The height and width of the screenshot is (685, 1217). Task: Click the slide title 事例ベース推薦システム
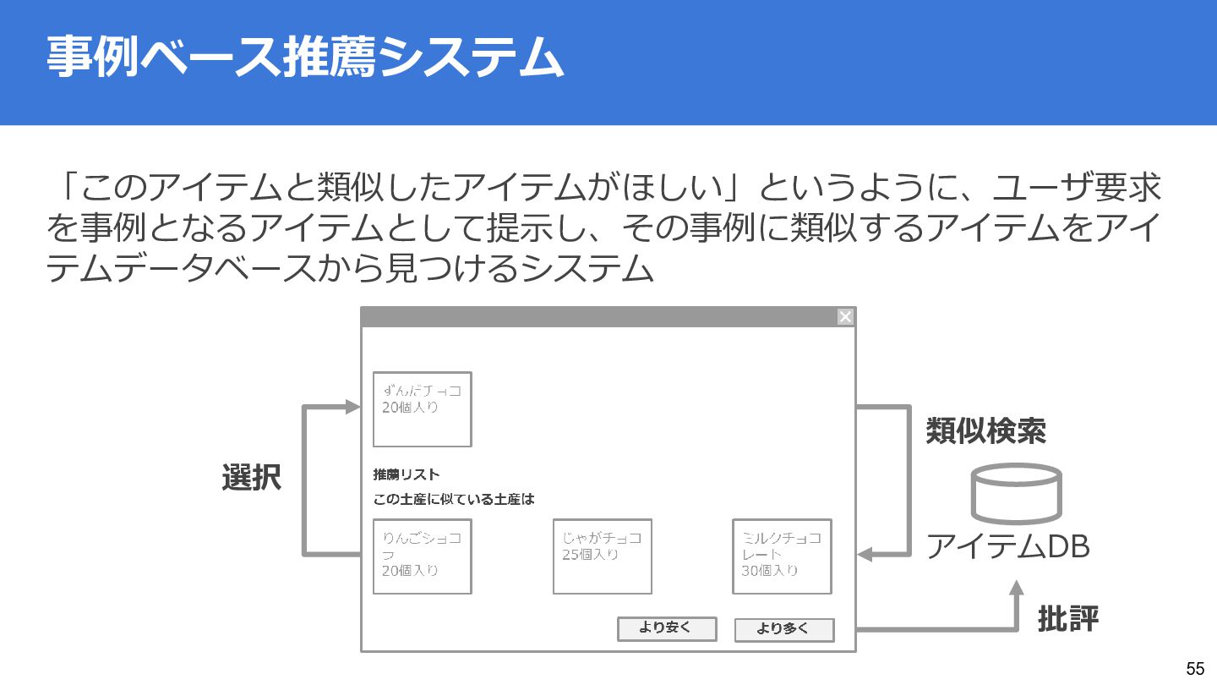point(304,58)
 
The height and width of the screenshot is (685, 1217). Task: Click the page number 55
point(1195,668)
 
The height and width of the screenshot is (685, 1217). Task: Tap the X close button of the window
point(845,316)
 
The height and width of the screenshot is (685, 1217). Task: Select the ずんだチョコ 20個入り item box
point(422,409)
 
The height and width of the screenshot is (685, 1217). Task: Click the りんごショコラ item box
point(422,556)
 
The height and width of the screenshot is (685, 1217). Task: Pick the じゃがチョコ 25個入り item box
point(602,556)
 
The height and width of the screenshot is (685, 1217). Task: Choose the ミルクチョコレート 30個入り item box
point(782,556)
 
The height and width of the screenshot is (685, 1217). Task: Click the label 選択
point(251,478)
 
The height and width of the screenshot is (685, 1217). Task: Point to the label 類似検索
point(985,431)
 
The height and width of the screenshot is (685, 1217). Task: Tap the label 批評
point(1067,619)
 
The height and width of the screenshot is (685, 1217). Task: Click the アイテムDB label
point(1007,547)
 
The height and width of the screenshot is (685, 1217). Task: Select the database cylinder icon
point(1017,493)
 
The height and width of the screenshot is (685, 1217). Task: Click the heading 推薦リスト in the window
point(407,474)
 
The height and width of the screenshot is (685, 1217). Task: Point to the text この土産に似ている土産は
point(454,499)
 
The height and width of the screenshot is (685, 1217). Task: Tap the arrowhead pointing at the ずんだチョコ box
point(354,407)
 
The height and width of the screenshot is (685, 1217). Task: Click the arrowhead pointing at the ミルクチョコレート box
point(865,555)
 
